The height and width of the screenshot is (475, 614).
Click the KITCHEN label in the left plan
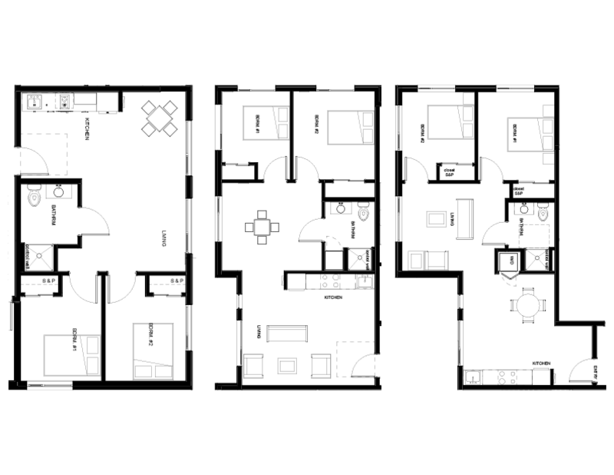tap(89, 128)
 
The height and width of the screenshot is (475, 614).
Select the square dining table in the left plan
tap(159, 118)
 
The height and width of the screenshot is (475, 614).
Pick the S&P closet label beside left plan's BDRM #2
tap(177, 281)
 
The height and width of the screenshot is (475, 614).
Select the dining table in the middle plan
tap(262, 227)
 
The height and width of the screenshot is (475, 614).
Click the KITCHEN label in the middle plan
tap(332, 297)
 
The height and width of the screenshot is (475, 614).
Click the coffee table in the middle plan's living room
tap(287, 364)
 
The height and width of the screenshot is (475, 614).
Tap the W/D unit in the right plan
tap(507, 262)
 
